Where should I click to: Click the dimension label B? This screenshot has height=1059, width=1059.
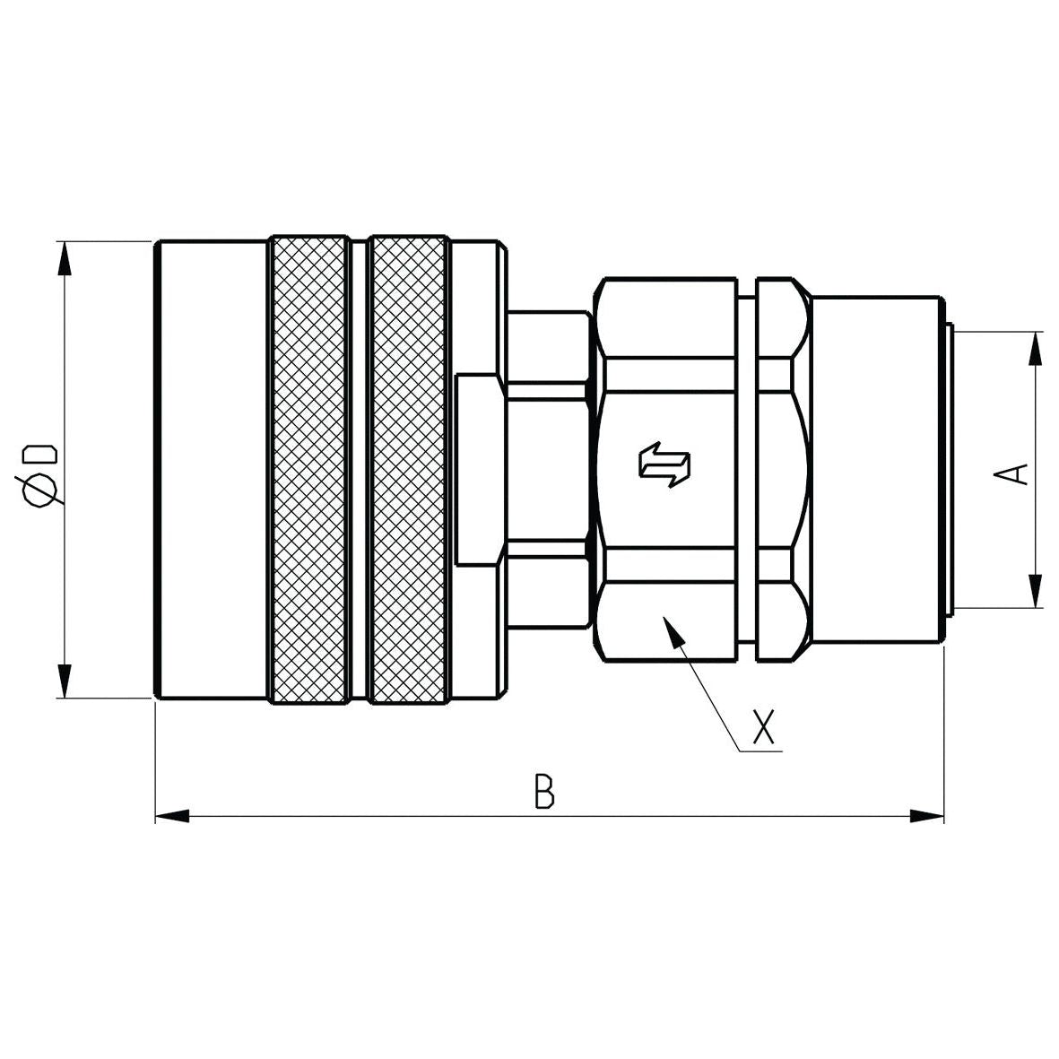(544, 792)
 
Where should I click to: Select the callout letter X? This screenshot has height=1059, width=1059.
(763, 726)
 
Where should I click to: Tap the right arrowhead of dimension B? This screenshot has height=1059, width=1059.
(927, 816)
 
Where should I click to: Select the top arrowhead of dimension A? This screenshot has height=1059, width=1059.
(1037, 348)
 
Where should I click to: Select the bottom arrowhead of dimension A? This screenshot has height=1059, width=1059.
(1037, 592)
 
